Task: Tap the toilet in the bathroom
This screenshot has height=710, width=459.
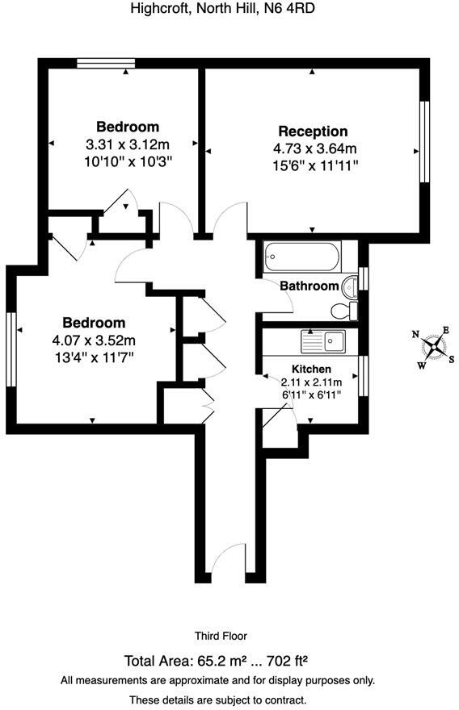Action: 343,311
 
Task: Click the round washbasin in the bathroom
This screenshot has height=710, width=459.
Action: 350,286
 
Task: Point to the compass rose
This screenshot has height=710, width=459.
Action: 435,348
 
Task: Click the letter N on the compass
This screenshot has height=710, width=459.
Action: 416,334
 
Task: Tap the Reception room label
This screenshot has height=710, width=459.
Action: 313,132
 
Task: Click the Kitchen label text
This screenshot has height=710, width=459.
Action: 312,369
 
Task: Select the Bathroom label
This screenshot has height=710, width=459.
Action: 309,286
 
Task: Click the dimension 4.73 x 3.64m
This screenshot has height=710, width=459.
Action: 314,148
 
